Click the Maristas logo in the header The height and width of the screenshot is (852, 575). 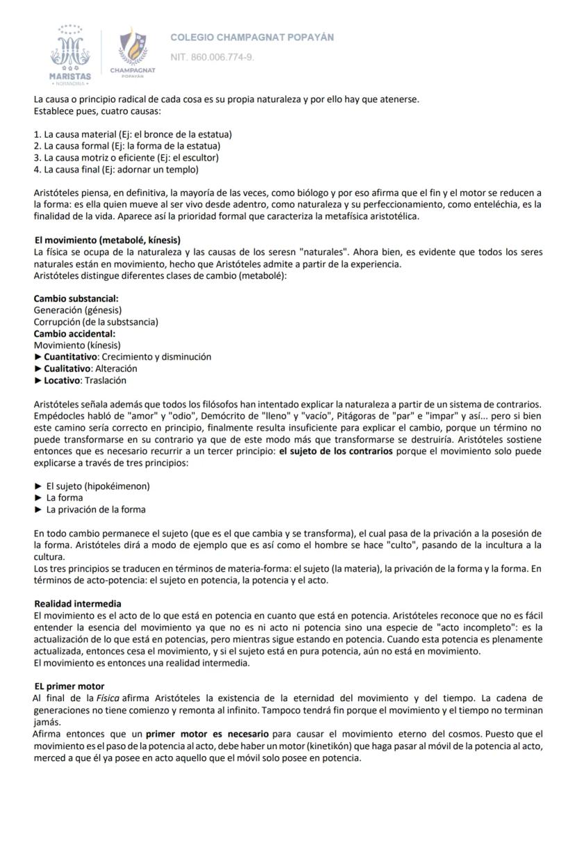pyautogui.click(x=69, y=53)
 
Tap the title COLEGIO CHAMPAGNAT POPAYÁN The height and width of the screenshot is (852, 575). pyautogui.click(x=252, y=37)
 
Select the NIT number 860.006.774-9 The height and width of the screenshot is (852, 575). pyautogui.click(x=212, y=56)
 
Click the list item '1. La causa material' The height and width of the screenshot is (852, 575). pyautogui.click(x=133, y=134)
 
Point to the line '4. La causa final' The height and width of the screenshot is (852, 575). pyautogui.click(x=116, y=170)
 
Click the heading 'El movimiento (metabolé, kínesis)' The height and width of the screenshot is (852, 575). pyautogui.click(x=108, y=240)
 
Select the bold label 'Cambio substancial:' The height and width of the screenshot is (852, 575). pyautogui.click(x=76, y=299)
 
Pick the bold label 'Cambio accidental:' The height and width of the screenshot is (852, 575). pyautogui.click(x=74, y=334)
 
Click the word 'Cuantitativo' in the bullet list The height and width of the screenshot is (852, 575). pyautogui.click(x=69, y=357)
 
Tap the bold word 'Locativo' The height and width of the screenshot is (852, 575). pyautogui.click(x=62, y=380)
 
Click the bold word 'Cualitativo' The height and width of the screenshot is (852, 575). pyautogui.click(x=67, y=368)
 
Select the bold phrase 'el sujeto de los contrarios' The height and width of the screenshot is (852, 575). pyautogui.click(x=335, y=451)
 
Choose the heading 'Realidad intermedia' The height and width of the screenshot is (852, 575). pyautogui.click(x=78, y=603)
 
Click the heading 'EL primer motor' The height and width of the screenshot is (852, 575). pyautogui.click(x=69, y=686)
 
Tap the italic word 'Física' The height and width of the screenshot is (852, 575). pyautogui.click(x=110, y=698)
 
